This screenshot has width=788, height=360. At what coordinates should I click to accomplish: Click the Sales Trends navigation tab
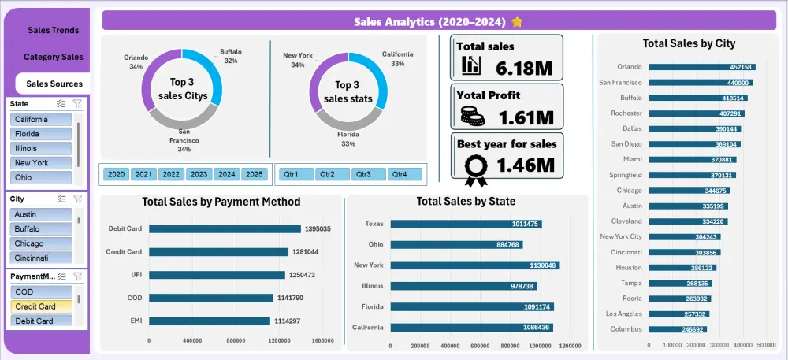pos(53,30)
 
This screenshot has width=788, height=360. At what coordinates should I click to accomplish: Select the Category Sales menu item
pos(53,57)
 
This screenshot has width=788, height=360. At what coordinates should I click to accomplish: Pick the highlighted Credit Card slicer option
pos(42,306)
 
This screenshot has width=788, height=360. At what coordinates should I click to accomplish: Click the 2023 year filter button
pos(199,174)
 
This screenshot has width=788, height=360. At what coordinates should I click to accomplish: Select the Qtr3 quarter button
pos(363,174)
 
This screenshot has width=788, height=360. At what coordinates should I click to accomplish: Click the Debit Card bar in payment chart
pos(225,229)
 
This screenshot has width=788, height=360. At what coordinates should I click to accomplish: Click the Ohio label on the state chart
pos(374,244)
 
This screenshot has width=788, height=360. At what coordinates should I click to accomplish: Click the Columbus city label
pos(625,328)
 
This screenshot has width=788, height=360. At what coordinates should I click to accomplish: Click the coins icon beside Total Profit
pos(472,116)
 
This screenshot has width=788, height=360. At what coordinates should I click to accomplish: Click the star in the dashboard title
pos(517,20)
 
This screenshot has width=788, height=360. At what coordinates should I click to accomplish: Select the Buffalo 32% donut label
pos(230,56)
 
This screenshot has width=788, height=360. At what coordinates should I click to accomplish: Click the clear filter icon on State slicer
pos(77,103)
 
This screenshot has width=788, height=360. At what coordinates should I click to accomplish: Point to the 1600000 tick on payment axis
pos(322,341)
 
